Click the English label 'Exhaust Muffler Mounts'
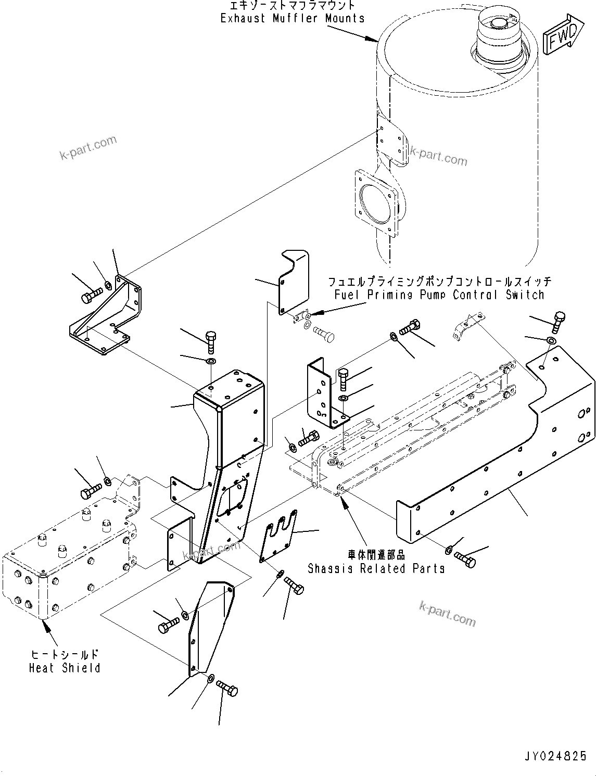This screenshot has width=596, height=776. [292, 18]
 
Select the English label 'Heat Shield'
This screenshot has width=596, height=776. [65, 668]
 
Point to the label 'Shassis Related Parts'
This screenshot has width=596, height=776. [376, 568]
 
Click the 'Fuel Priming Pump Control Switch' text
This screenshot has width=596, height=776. [439, 295]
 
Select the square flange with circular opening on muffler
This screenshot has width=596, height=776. [375, 201]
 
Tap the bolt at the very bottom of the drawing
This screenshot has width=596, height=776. [227, 689]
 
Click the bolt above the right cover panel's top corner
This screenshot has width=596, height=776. [559, 321]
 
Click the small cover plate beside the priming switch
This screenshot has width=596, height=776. [293, 284]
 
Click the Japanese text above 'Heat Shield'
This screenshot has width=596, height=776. [65, 654]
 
